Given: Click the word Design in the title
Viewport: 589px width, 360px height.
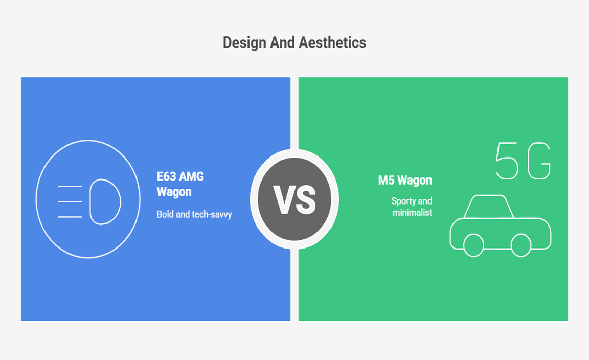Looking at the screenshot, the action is click(x=244, y=43).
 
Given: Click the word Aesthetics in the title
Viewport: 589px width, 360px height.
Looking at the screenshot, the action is click(x=332, y=42).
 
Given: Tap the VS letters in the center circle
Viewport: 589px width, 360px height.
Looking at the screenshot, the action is click(x=294, y=199).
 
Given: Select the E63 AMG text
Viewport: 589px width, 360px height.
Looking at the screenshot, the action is click(x=180, y=176).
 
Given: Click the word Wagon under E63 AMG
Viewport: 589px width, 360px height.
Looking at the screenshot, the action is click(x=174, y=192).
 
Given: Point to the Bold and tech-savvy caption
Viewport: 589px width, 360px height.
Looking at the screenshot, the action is click(x=194, y=214).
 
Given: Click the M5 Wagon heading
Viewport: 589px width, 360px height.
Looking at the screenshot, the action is click(x=405, y=181).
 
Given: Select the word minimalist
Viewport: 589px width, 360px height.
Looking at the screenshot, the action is click(x=412, y=213).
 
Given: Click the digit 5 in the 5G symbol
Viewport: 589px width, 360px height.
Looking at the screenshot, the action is click(x=507, y=161).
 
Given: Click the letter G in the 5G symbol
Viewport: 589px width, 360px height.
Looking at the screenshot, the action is click(x=539, y=161).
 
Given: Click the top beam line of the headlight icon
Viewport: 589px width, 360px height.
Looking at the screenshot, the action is click(x=70, y=186).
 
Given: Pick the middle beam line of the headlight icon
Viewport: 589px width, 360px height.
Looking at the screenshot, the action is click(x=70, y=201).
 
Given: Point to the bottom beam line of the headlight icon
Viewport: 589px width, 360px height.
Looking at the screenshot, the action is click(x=70, y=217).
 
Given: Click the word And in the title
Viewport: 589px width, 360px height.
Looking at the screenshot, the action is click(x=282, y=42).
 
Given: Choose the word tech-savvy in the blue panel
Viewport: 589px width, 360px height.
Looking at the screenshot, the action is click(x=212, y=214).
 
